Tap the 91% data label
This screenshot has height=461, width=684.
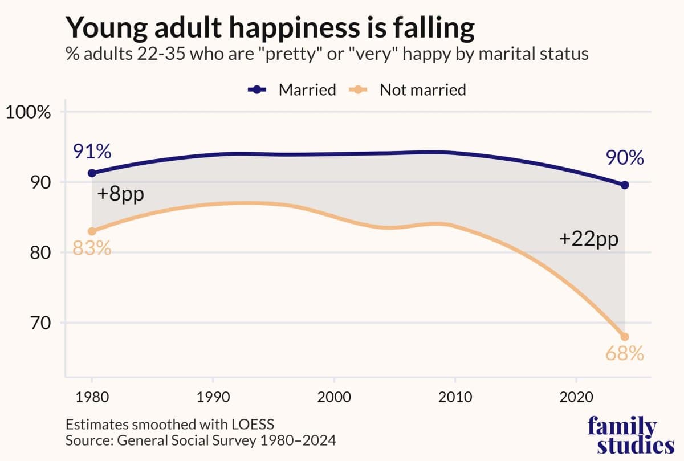click(x=92, y=152)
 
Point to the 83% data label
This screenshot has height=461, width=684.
click(x=92, y=249)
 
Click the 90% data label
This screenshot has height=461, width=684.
click(x=625, y=158)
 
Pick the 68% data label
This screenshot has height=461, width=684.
click(x=625, y=354)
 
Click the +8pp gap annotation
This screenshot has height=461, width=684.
click(x=120, y=194)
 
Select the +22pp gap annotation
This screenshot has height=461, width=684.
click(x=588, y=239)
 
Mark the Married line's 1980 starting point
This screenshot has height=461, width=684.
click(x=92, y=173)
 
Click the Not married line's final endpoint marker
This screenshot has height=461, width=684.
click(x=625, y=337)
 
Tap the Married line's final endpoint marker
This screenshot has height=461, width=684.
click(x=625, y=185)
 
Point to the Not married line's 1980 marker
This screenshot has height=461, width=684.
click(x=92, y=231)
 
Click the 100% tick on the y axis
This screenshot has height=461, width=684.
click(x=28, y=112)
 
